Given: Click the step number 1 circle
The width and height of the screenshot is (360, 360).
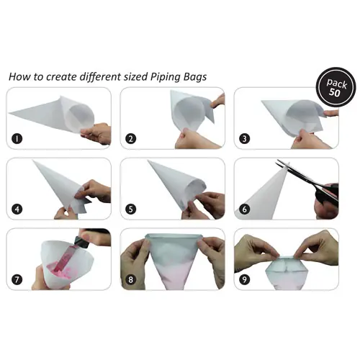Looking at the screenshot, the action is point(17,139).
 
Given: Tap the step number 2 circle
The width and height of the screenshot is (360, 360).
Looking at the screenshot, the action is point(131,139).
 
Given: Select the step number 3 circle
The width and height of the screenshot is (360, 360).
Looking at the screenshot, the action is point(245,139).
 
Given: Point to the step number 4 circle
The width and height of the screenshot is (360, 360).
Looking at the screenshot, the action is point(17,210).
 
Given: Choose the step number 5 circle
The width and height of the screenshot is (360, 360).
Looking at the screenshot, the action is point(131,210).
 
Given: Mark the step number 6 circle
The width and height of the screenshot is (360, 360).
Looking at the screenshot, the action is point(245,210).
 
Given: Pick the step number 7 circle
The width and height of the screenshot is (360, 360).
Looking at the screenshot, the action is point(17,279).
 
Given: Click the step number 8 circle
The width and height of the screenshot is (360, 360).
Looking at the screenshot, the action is point(131,279).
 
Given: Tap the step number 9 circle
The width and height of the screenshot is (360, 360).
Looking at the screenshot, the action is point(245,279).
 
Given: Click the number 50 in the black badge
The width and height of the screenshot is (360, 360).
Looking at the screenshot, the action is point(334,92).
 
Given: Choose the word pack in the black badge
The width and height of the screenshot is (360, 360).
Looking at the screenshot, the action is point(337,84).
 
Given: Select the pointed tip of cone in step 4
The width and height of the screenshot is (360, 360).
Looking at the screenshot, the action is point(34,161).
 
